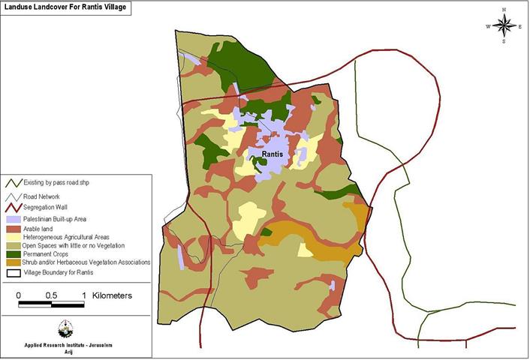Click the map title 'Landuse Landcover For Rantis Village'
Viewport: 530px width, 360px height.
[64, 8]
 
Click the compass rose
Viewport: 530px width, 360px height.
[504, 26]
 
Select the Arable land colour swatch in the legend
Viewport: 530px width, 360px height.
[14, 227]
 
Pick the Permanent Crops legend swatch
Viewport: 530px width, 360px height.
[14, 253]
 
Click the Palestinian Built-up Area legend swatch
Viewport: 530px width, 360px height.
[14, 218]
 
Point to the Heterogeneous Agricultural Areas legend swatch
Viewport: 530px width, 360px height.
[14, 236]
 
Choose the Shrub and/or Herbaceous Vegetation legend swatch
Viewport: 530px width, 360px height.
[14, 262]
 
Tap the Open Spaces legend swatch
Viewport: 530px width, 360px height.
[14, 245]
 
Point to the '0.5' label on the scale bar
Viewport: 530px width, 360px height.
[51, 295]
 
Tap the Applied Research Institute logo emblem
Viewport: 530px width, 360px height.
[65, 329]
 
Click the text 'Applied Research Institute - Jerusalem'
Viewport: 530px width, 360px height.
[66, 346]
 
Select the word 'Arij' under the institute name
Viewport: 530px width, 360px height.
[66, 352]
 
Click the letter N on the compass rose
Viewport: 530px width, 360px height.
[504, 10]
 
